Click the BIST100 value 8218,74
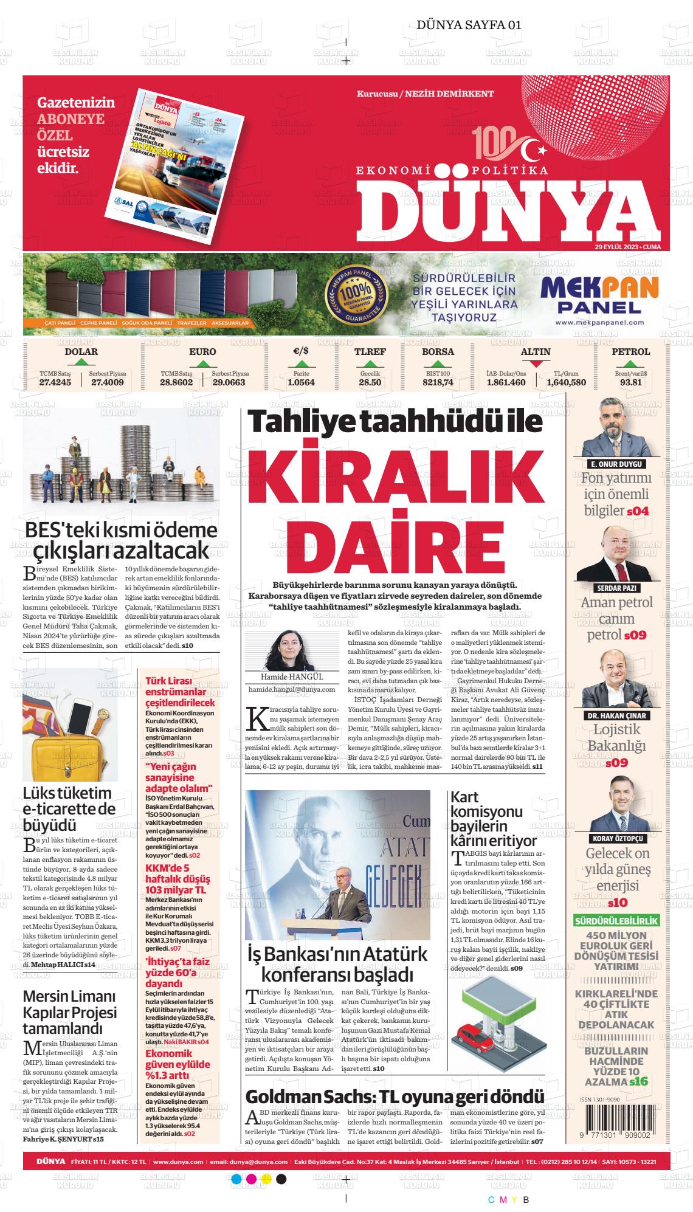(x=438, y=382)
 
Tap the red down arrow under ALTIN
(x=536, y=364)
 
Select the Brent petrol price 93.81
(x=630, y=382)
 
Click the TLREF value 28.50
(x=370, y=382)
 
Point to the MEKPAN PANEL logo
(x=599, y=295)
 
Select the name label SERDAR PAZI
(x=616, y=588)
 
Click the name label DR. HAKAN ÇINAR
(x=616, y=715)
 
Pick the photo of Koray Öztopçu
(x=616, y=807)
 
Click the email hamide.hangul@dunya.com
(x=292, y=690)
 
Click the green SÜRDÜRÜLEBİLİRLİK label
(x=616, y=921)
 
